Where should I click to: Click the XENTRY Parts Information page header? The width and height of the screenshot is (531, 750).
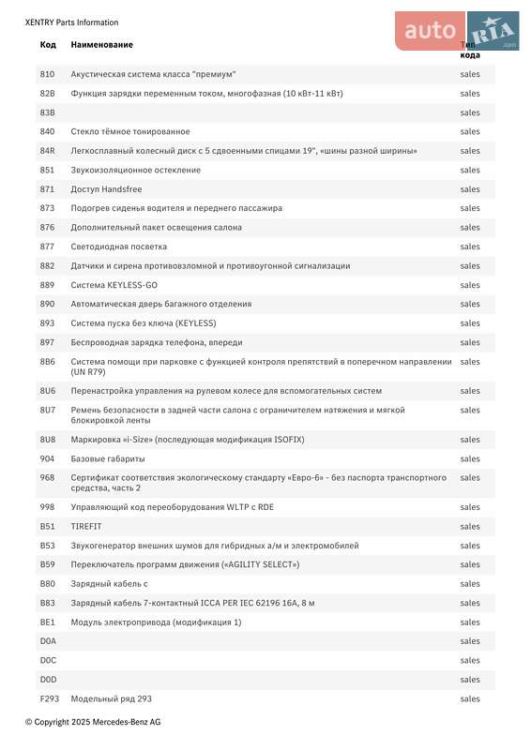click(71, 22)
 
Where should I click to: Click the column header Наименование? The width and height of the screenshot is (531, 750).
click(101, 45)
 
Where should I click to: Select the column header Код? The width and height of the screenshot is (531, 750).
click(48, 45)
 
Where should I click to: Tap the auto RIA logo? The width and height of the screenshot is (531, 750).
click(456, 31)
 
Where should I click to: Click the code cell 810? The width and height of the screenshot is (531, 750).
click(47, 74)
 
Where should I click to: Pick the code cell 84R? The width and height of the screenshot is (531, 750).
click(48, 151)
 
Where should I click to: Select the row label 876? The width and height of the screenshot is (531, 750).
click(47, 228)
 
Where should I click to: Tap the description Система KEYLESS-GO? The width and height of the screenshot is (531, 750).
click(114, 285)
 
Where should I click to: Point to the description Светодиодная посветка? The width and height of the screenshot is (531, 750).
click(119, 247)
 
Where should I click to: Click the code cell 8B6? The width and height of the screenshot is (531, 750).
click(48, 362)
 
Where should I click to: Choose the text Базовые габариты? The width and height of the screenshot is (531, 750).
click(108, 459)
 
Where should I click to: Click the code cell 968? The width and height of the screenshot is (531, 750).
click(47, 478)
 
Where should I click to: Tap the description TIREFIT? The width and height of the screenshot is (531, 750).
click(85, 527)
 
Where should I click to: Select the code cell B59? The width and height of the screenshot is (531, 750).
click(47, 564)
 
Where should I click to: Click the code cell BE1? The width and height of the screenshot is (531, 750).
click(47, 622)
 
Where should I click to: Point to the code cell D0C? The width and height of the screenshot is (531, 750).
click(48, 660)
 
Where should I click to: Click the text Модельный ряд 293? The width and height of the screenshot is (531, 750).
click(111, 698)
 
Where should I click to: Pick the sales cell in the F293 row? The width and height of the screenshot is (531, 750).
click(470, 698)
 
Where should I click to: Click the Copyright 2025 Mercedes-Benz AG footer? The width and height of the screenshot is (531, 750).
click(93, 722)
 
